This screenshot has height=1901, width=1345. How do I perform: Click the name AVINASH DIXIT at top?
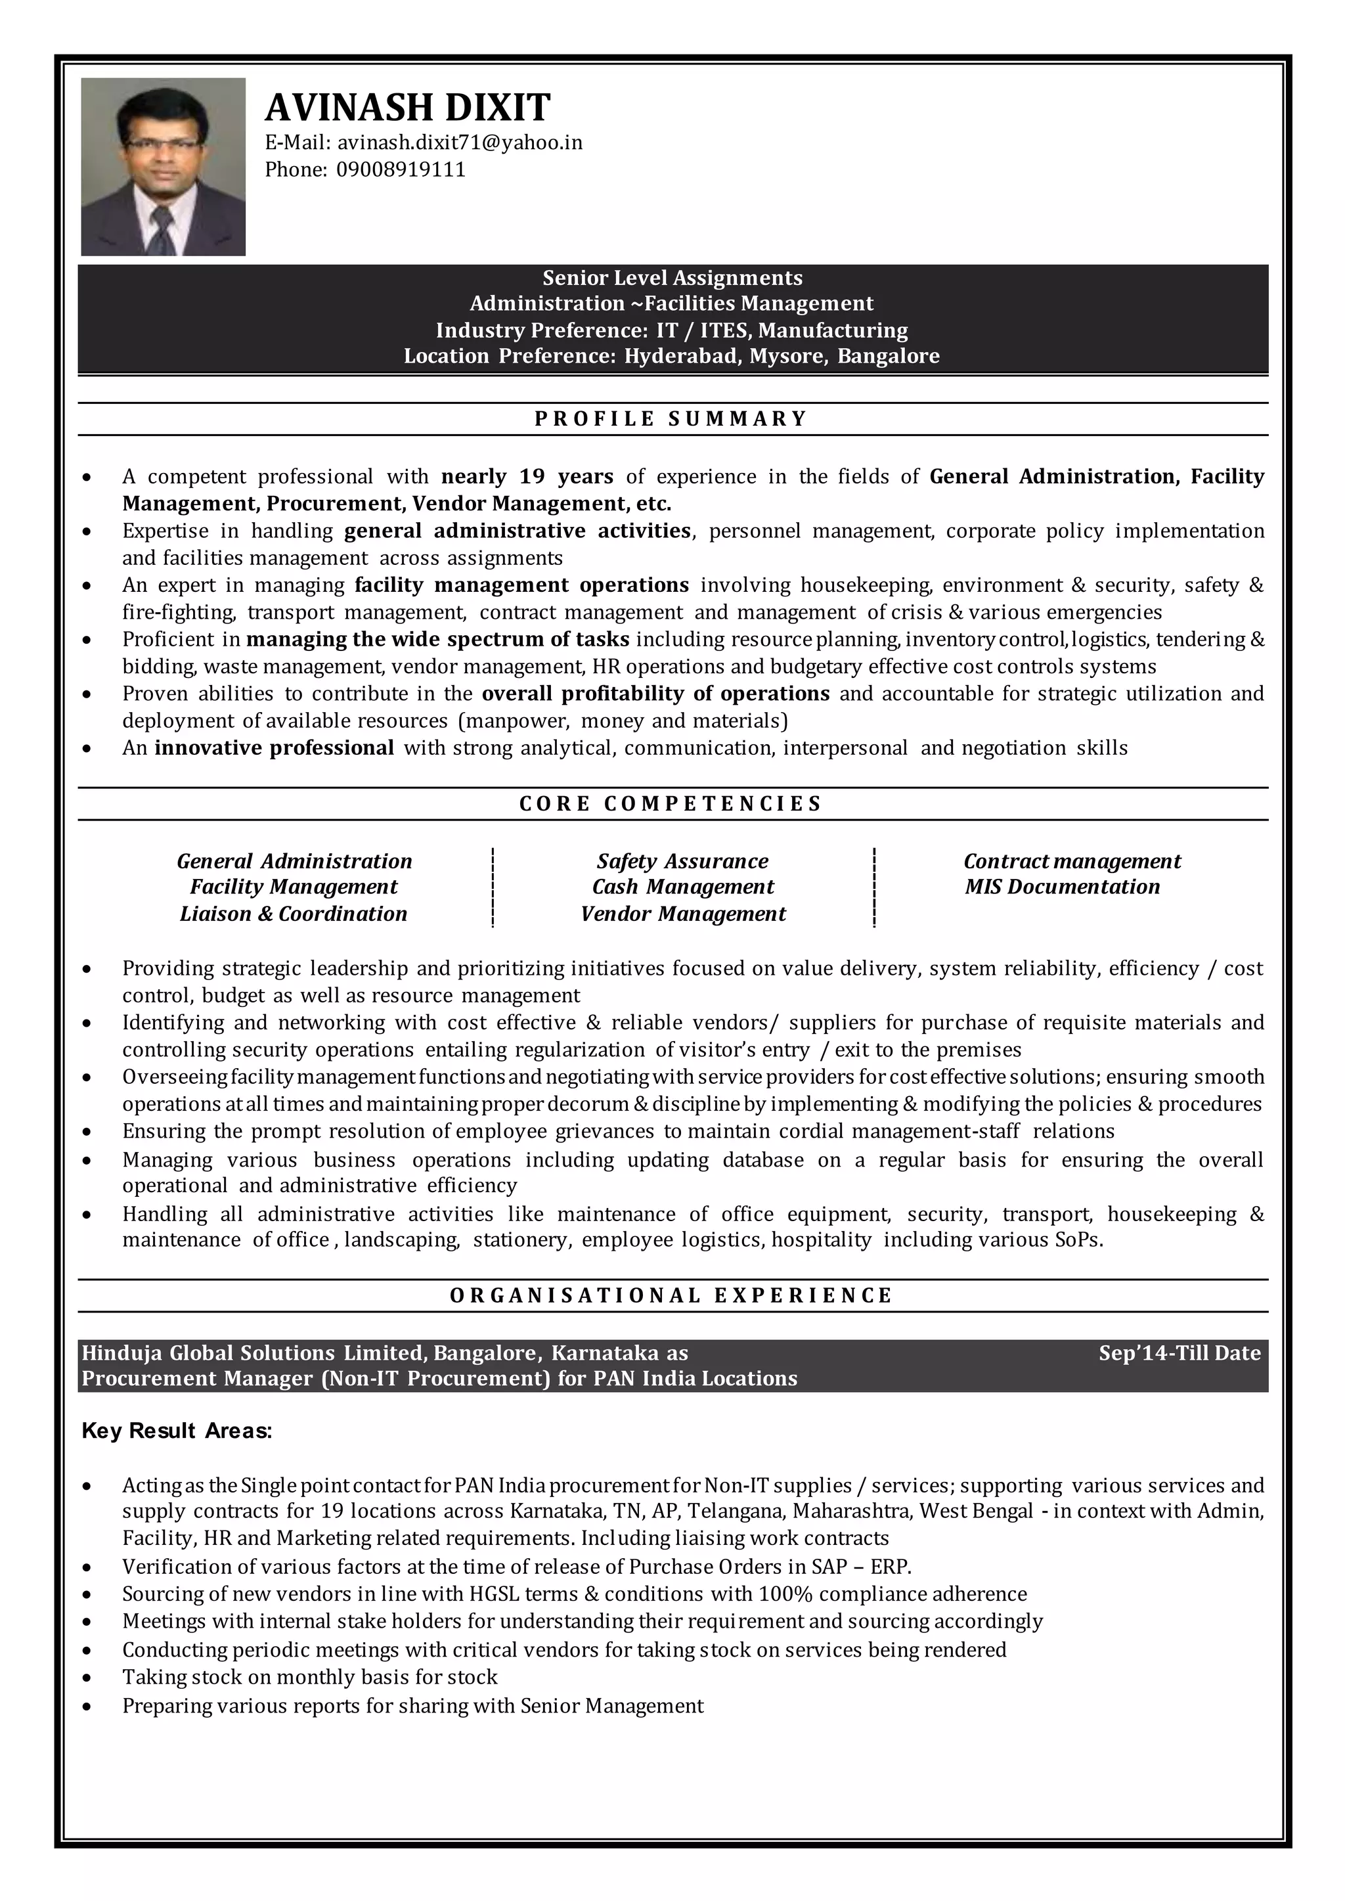[407, 108]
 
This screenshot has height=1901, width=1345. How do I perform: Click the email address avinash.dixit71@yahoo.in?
[459, 143]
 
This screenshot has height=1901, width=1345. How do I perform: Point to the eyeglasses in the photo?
[163, 143]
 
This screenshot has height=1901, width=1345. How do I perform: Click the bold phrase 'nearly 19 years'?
[527, 476]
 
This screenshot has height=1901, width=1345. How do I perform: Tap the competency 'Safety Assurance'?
[682, 861]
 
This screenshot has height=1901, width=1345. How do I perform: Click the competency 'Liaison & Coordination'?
[293, 914]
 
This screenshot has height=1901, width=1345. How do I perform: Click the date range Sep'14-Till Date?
[1179, 1353]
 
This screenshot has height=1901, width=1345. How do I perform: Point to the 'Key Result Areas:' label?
[177, 1431]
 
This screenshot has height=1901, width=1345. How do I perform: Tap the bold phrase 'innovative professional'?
[274, 748]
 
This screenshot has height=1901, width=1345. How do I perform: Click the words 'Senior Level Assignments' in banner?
[672, 277]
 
